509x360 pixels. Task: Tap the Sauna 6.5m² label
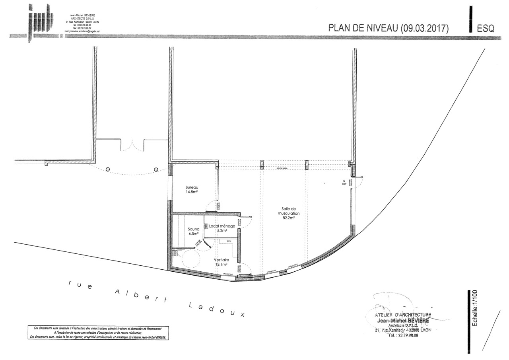194,232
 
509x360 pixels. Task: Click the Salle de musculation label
288,211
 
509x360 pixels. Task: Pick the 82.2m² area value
289,218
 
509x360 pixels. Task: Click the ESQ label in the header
486,29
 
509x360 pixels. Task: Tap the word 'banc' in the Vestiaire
229,241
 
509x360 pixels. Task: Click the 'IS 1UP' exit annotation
344,183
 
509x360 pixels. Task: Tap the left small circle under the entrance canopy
108,169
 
